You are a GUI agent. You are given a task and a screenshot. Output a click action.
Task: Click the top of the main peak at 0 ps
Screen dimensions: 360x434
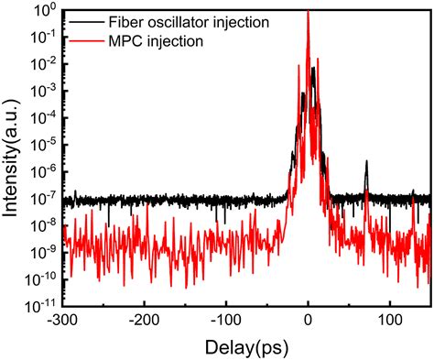[x=308, y=12]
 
